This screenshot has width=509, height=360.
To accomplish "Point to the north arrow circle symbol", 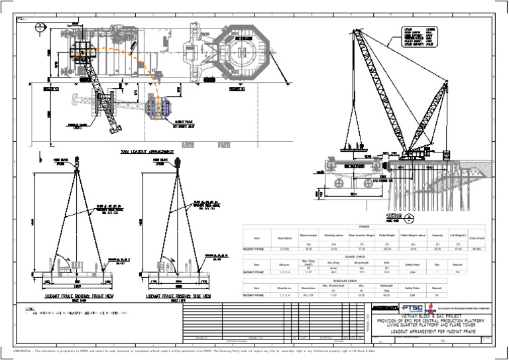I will click(x=40, y=26).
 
